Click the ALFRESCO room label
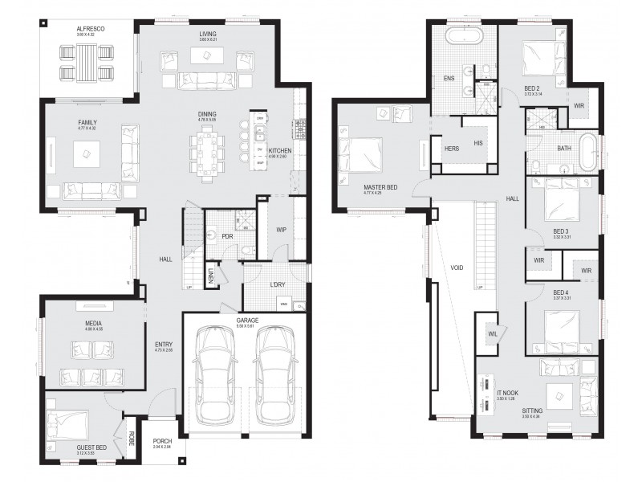tap(91, 28)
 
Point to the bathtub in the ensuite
tap(461, 36)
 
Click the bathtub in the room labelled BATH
tap(590, 153)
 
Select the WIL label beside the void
tap(491, 334)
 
